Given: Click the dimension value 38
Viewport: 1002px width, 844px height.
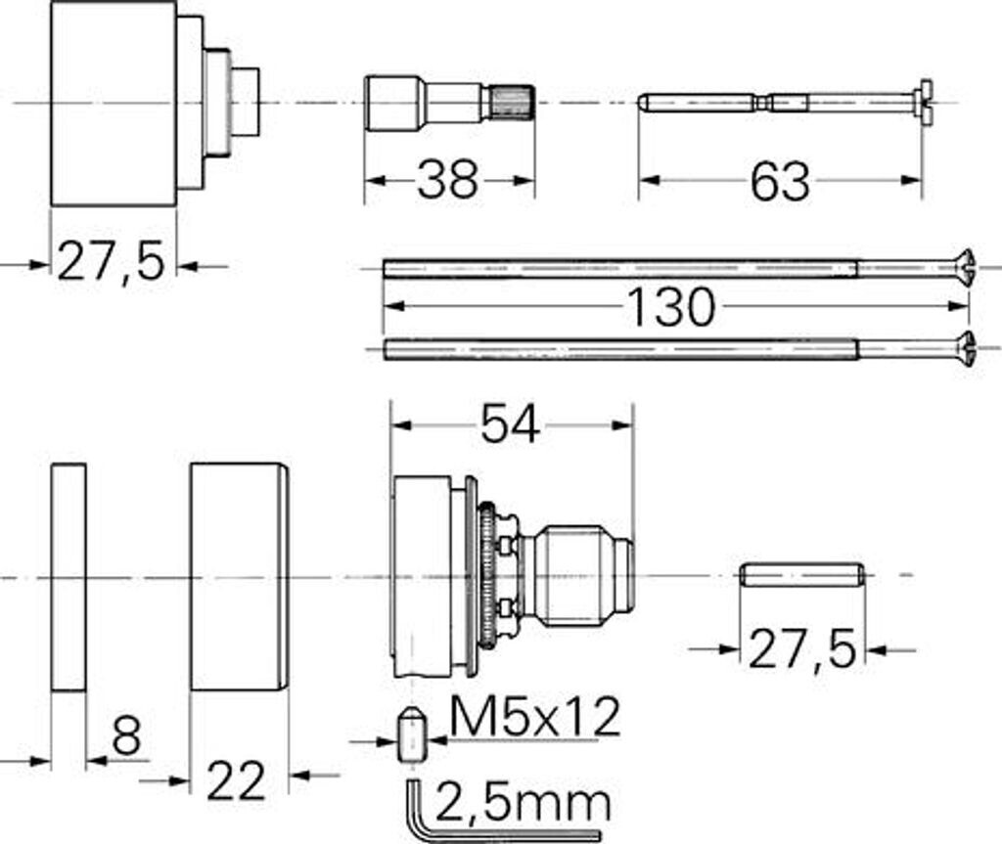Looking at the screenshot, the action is point(446,180).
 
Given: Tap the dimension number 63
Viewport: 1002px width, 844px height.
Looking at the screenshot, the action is point(780,182).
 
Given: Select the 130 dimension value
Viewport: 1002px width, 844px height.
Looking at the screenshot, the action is point(671,307).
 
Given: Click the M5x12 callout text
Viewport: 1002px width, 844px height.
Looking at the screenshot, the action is point(535,716).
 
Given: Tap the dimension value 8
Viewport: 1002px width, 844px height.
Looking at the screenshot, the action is point(126,736).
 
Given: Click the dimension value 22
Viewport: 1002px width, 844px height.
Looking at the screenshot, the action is point(236,780).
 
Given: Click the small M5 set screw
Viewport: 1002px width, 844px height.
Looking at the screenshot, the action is point(411,733).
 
